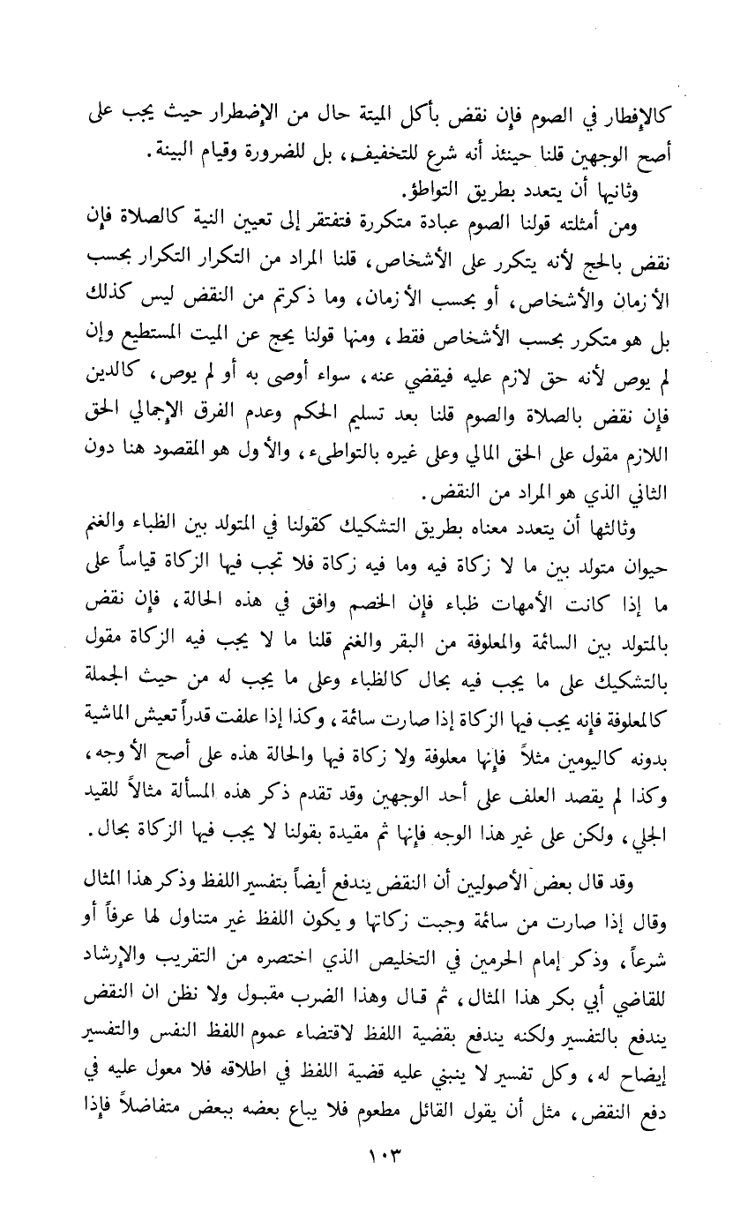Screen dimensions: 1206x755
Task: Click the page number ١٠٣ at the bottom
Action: pyautogui.click(x=377, y=1173)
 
